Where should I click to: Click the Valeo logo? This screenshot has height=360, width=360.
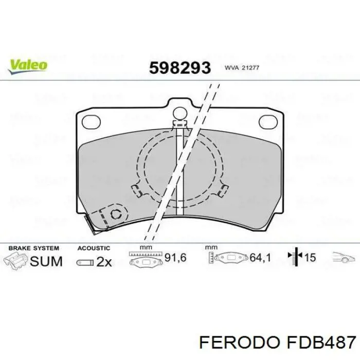coord(28,66)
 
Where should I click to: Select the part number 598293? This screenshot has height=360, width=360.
coord(180,68)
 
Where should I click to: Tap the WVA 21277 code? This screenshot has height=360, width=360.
coord(242,68)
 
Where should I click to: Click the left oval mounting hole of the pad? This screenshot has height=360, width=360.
coord(91,122)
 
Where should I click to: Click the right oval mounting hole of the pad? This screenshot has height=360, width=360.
coord(268,122)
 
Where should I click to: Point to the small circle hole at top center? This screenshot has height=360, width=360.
coord(180,114)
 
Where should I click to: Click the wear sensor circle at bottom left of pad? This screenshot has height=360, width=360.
coord(116,214)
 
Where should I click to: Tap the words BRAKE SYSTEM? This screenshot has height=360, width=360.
coord(34,248)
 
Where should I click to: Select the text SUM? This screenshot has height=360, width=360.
coord(46,261)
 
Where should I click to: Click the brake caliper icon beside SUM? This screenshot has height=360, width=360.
coord(15,261)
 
